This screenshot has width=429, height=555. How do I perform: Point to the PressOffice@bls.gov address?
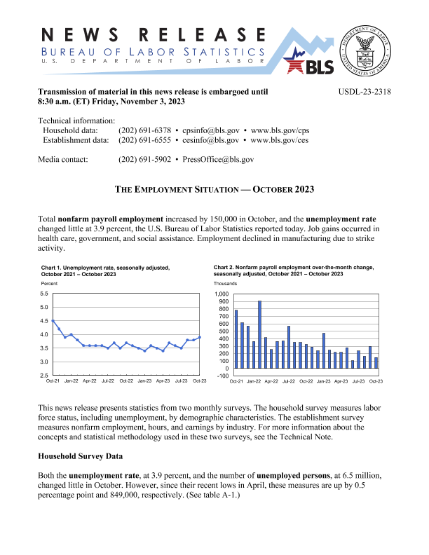coord(218,160)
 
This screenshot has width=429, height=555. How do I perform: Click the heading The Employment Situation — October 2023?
coord(214,190)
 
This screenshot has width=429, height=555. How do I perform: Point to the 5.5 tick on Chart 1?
coord(43,294)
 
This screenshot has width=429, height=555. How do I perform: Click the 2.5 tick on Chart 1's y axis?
coord(43,375)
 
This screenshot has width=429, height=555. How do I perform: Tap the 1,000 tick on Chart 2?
coord(222,294)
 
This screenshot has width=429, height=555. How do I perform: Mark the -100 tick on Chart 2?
coord(222,376)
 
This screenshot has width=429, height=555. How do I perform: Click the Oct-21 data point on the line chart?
coord(53,321)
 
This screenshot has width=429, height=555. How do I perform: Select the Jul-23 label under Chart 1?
coord(182,381)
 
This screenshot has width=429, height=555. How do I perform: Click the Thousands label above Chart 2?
coord(226,283)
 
